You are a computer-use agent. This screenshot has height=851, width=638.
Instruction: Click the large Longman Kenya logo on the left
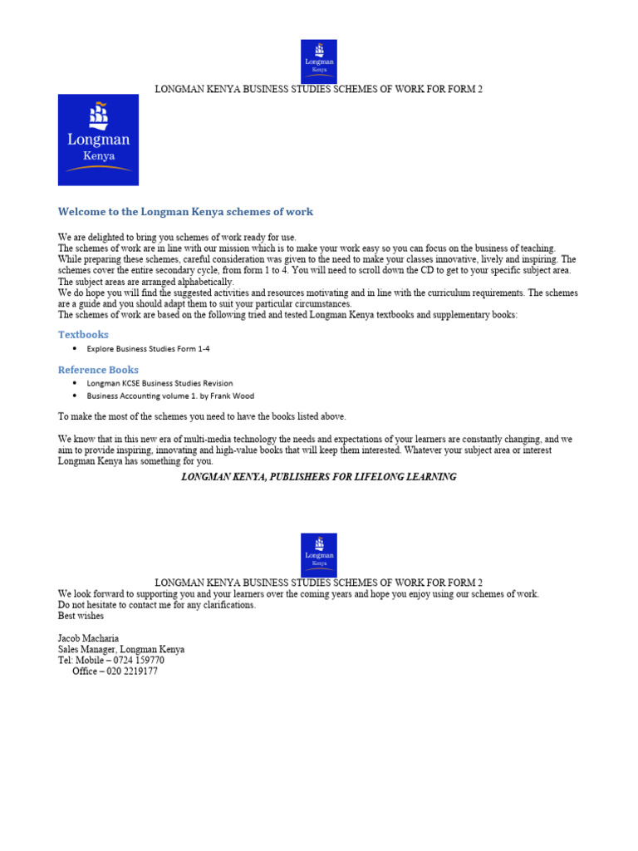click(98, 140)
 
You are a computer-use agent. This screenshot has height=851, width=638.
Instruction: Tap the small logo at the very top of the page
click(318, 61)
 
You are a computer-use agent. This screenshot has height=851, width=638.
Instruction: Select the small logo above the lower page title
click(318, 554)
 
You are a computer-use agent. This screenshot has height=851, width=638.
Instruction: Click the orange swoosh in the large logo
click(98, 169)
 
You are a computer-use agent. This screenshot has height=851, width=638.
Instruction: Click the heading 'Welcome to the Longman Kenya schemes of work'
click(185, 212)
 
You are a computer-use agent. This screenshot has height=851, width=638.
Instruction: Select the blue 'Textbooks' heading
click(83, 334)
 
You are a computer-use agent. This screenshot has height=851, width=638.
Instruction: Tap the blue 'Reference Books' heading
click(98, 370)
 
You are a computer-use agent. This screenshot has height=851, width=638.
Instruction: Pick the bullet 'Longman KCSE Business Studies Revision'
click(159, 384)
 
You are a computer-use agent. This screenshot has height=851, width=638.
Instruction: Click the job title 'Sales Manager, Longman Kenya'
click(121, 650)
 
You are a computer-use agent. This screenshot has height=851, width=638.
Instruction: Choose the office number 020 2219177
click(130, 671)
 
